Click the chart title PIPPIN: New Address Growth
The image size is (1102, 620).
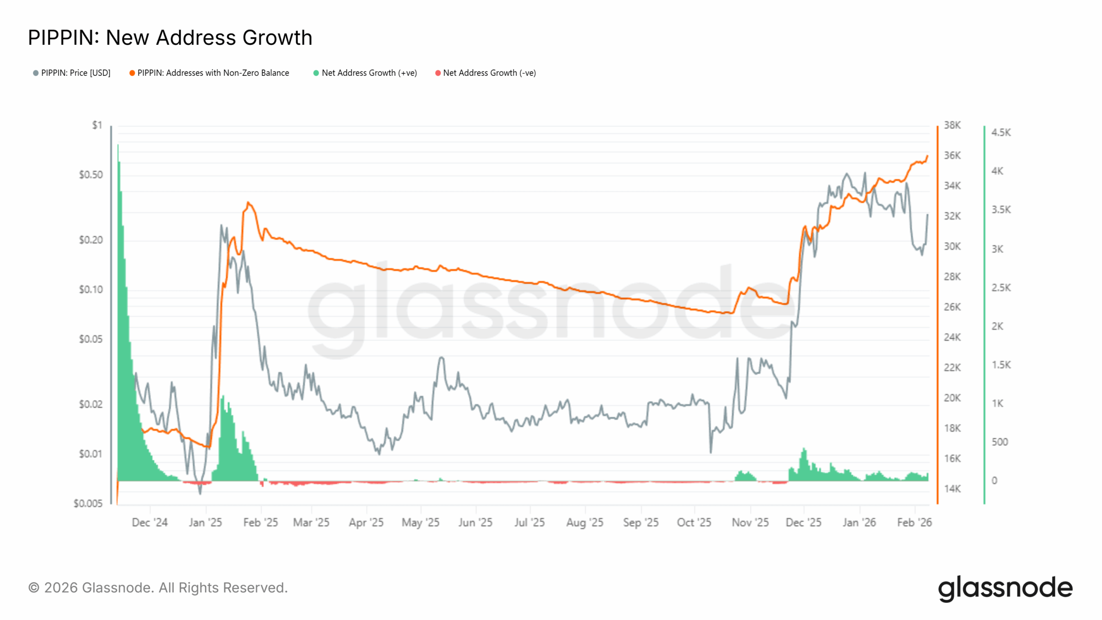point(170,37)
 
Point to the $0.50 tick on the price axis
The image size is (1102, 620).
point(91,175)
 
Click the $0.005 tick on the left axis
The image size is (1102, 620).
point(88,503)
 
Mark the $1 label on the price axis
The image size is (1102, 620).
point(97,125)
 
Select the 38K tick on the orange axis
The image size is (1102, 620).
point(952,125)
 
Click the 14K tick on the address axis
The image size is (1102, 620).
point(952,489)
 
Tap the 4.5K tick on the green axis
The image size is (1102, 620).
point(1001,133)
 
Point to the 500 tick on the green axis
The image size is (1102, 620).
point(1000,442)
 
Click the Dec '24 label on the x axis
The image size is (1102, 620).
point(149,523)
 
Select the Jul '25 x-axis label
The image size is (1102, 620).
point(529,523)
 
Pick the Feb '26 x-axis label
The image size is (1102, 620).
point(914,523)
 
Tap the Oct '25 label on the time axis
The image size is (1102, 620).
point(694,523)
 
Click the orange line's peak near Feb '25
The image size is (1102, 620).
point(248,202)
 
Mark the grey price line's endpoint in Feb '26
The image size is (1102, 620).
point(927,214)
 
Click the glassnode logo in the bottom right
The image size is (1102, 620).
point(1005,588)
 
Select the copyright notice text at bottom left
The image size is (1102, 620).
point(158,588)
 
